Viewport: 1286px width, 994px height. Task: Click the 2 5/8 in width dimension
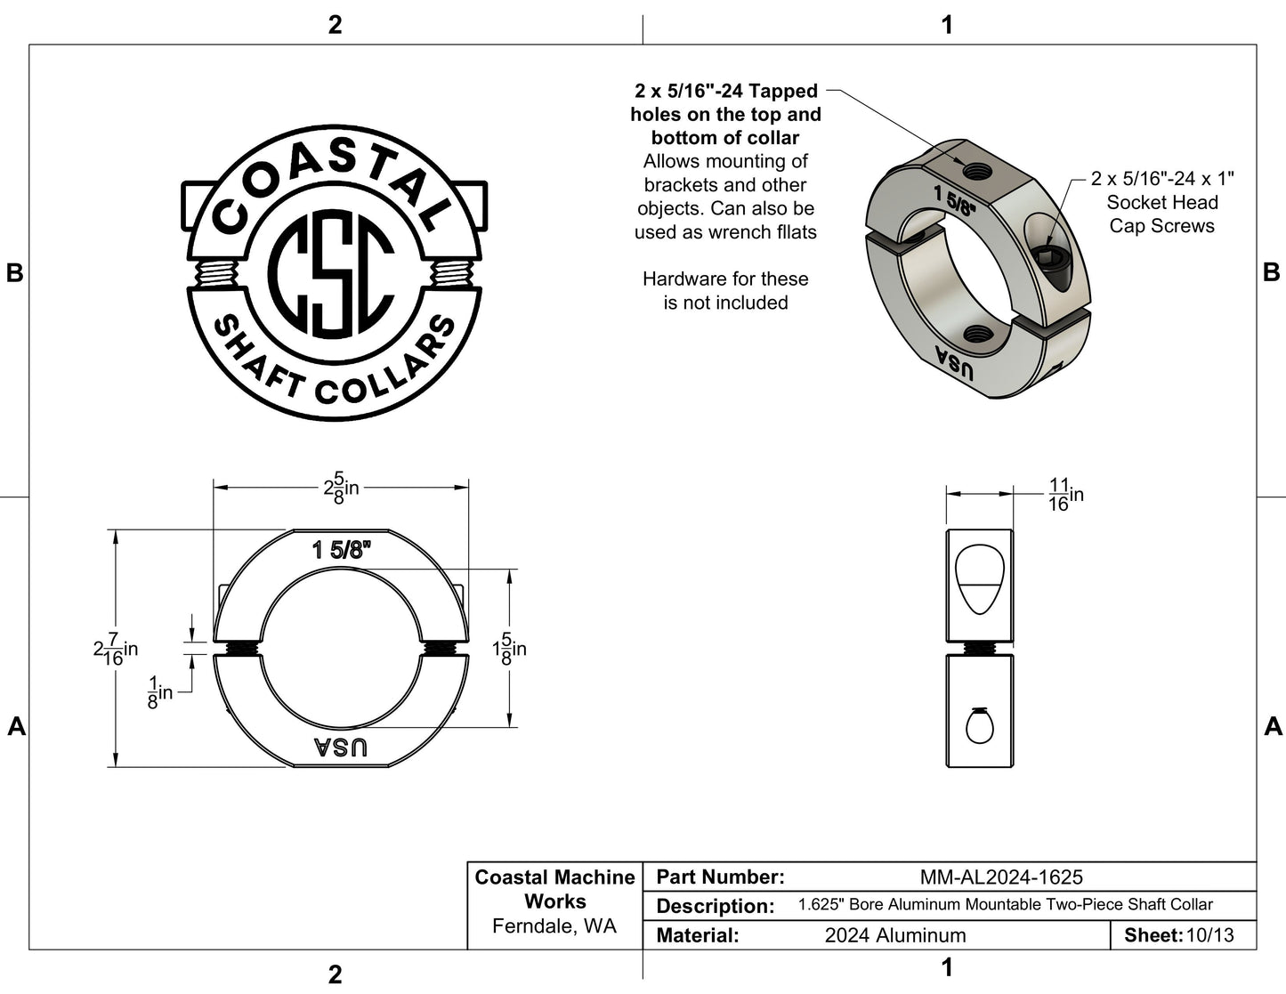pyautogui.click(x=342, y=488)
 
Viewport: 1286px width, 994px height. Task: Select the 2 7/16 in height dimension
pyautogui.click(x=116, y=649)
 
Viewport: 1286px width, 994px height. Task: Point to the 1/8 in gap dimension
pyautogui.click(x=160, y=692)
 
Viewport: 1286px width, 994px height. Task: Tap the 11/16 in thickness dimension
pyautogui.click(x=1066, y=495)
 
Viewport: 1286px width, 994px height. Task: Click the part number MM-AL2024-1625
pyautogui.click(x=1001, y=877)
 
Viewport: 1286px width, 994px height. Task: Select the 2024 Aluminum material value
pyautogui.click(x=895, y=935)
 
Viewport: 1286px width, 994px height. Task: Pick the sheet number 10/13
pyautogui.click(x=1210, y=935)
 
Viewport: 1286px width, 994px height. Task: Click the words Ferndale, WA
pyautogui.click(x=554, y=926)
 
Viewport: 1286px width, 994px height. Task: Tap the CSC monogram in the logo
pyautogui.click(x=331, y=273)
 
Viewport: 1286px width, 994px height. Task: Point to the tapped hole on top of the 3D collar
pyautogui.click(x=977, y=172)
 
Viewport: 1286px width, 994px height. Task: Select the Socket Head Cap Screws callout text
pyautogui.click(x=1162, y=202)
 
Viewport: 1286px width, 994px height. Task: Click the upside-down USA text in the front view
pyautogui.click(x=340, y=748)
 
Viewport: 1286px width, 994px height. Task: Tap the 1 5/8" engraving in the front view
pyautogui.click(x=342, y=550)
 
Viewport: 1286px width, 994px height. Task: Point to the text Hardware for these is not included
pyautogui.click(x=725, y=290)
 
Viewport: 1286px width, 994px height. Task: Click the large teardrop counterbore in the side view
pyautogui.click(x=980, y=579)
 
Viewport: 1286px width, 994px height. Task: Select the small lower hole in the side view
pyautogui.click(x=980, y=726)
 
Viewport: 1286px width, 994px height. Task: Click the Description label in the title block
pyautogui.click(x=716, y=906)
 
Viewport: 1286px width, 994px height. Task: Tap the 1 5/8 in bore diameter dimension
pyautogui.click(x=509, y=649)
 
